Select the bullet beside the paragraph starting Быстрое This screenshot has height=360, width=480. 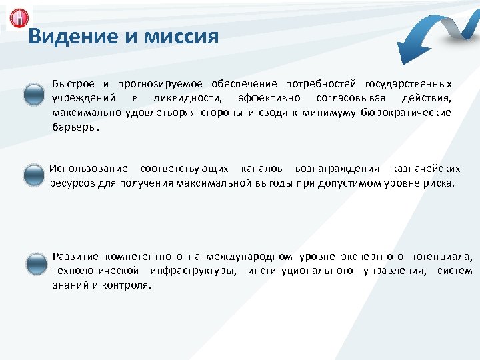pos(33,96)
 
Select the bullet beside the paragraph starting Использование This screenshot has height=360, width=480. pos(33,175)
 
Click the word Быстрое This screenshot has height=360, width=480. pos(74,85)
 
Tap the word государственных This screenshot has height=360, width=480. pos(408,85)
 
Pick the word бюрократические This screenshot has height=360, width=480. pos(405,113)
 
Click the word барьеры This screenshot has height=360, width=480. pos(75,127)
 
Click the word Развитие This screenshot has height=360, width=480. pos(75,257)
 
